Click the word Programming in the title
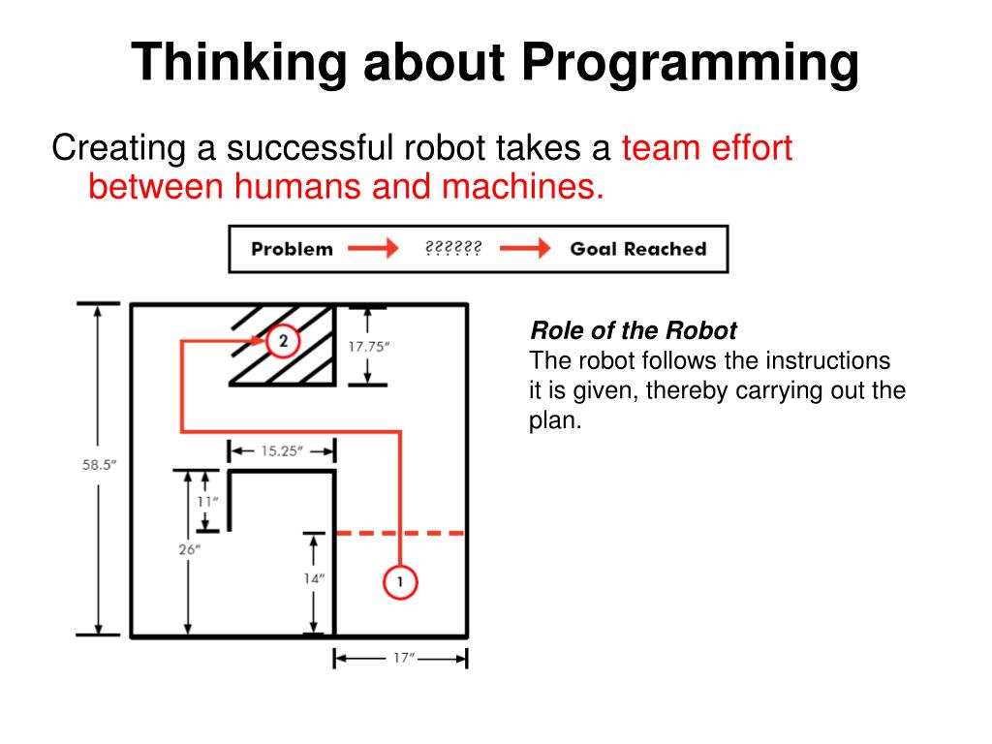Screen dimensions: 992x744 click(690, 64)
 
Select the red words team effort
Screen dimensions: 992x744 click(707, 148)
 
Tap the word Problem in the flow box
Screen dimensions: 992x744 click(292, 249)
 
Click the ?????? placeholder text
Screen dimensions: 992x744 click(453, 249)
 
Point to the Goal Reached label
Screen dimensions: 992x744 click(637, 249)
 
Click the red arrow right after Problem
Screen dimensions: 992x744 click(373, 249)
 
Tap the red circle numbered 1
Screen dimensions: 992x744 click(400, 582)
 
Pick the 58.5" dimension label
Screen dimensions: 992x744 click(99, 464)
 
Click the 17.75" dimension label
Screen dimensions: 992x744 click(367, 345)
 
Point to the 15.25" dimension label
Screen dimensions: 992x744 click(282, 450)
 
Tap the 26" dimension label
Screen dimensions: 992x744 click(190, 549)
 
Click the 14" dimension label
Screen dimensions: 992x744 click(314, 578)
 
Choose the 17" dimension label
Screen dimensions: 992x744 click(402, 659)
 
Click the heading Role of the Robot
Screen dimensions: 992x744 click(634, 331)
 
